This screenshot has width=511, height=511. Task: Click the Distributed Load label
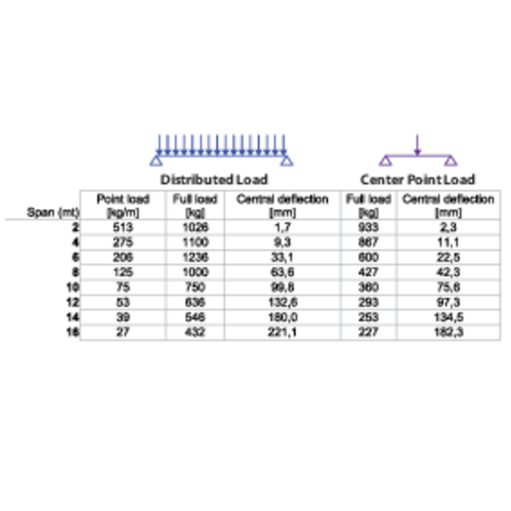click(x=215, y=180)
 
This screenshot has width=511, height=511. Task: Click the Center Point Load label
click(x=417, y=180)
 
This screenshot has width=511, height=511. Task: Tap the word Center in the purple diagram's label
click(x=382, y=180)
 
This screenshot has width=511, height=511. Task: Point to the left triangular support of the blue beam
click(x=157, y=161)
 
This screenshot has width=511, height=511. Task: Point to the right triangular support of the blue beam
click(x=286, y=161)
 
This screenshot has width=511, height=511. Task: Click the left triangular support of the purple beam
click(x=386, y=161)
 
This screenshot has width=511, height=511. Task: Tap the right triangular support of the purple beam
click(x=450, y=161)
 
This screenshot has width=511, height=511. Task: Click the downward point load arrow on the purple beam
click(x=416, y=141)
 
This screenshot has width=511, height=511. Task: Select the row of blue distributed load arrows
click(x=221, y=141)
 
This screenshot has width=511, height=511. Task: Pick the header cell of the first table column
click(x=122, y=204)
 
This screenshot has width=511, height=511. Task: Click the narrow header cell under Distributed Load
click(x=195, y=204)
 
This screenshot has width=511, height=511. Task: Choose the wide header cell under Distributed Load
click(x=282, y=204)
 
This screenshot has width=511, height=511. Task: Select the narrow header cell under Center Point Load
click(x=369, y=204)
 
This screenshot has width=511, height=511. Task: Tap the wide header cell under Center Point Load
click(x=448, y=204)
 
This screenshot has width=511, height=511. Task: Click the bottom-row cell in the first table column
click(x=122, y=333)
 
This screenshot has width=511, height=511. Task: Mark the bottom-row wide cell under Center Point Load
click(x=448, y=333)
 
